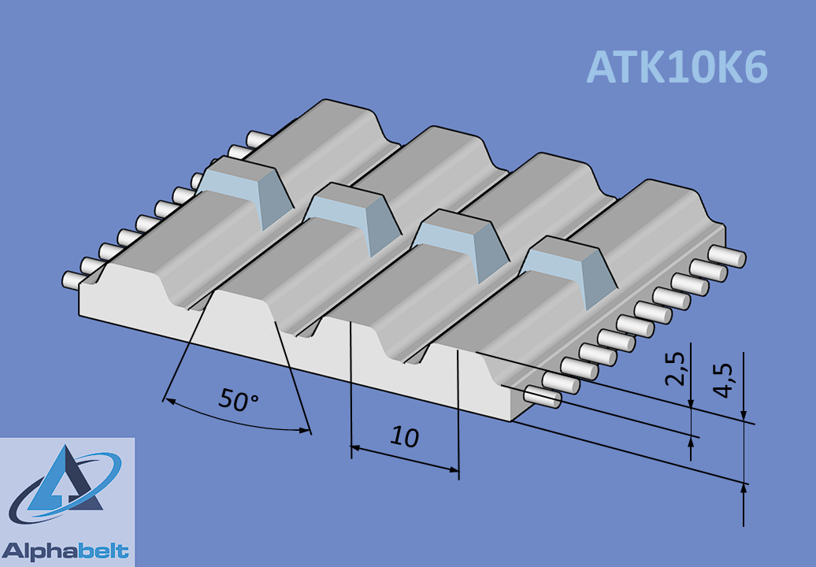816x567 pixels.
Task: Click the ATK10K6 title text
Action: pos(677,67)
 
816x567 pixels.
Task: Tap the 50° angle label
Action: pos(239,400)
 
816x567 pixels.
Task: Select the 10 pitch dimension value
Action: pos(404,437)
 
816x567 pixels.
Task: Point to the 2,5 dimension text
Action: pos(674,369)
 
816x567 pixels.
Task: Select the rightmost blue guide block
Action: pos(569,270)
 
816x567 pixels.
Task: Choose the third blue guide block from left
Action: pos(461,244)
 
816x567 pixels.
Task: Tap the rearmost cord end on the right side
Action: pos(727,256)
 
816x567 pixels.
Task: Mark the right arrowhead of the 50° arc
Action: pos(304,430)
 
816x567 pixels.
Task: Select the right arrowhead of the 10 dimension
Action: pos(452,469)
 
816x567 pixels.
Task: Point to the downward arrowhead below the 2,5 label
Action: pos(691,401)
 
